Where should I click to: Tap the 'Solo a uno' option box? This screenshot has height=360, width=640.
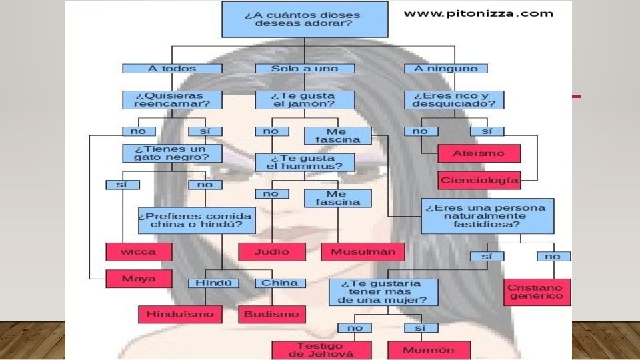(x=305, y=68)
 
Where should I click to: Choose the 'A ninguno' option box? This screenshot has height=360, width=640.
(x=446, y=68)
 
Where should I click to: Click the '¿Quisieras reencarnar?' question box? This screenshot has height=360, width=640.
(x=163, y=100)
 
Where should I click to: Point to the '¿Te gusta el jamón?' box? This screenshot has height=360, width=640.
(x=305, y=100)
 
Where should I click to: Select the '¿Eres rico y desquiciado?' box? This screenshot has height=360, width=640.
(x=454, y=100)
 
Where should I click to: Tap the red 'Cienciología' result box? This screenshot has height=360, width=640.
(x=479, y=180)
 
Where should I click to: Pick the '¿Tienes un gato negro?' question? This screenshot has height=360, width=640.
(x=163, y=153)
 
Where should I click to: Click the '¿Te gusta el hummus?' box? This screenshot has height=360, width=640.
(x=305, y=162)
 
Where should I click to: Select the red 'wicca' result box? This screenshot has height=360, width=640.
(x=139, y=251)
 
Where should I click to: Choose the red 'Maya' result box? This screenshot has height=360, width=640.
(x=139, y=278)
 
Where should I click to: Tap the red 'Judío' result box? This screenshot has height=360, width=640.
(x=272, y=251)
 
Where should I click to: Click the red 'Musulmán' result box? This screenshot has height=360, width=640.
(x=363, y=251)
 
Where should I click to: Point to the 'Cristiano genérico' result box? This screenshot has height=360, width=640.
(x=537, y=291)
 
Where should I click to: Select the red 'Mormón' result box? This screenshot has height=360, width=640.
(x=429, y=350)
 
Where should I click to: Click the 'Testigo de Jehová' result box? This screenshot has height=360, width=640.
(x=312, y=350)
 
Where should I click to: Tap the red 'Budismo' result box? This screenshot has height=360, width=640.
(x=271, y=313)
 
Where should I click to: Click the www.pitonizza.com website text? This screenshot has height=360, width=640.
(x=478, y=13)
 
